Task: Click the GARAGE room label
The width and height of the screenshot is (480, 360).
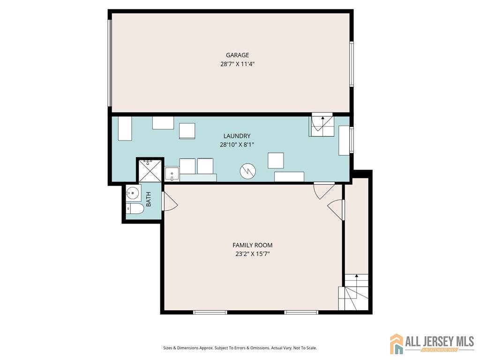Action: tap(237, 55)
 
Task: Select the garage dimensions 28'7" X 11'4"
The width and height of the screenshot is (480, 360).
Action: tap(238, 64)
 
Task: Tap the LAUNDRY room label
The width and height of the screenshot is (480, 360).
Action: tap(237, 136)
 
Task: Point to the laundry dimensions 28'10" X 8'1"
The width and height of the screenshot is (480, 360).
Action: tap(237, 144)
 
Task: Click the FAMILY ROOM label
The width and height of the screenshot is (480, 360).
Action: tap(253, 245)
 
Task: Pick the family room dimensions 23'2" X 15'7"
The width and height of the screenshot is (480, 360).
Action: tap(253, 254)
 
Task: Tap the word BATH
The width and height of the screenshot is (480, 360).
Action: tap(149, 199)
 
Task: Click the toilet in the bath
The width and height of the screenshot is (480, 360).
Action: tap(135, 209)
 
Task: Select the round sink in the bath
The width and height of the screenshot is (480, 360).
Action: tap(134, 193)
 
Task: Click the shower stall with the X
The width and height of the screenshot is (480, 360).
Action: tap(150, 170)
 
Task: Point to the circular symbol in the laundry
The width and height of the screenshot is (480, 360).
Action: tap(247, 171)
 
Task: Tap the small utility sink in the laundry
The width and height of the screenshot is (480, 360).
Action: tap(172, 174)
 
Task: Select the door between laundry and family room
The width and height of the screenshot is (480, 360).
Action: tap(324, 190)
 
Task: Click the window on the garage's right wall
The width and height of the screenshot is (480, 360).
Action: tap(352, 64)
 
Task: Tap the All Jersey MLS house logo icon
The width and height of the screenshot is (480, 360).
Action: tap(397, 344)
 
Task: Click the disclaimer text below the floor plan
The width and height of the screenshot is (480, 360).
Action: tap(240, 348)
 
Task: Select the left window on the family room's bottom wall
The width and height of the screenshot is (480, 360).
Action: tap(210, 312)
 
